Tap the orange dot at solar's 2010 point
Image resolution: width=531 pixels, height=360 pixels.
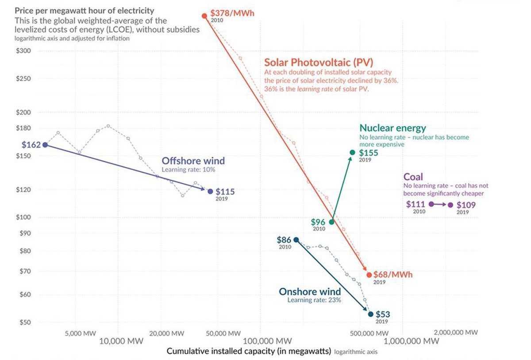(x=204, y=16)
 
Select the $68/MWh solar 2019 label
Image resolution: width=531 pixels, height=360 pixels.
(x=393, y=275)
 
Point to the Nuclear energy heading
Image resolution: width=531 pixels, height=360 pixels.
(x=392, y=128)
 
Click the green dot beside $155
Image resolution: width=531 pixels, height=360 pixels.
(x=352, y=152)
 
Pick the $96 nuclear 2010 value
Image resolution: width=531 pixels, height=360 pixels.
(x=318, y=222)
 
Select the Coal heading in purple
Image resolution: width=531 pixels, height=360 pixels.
(x=413, y=177)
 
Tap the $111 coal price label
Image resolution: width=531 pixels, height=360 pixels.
(x=416, y=204)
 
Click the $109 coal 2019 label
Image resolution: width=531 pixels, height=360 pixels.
(x=466, y=205)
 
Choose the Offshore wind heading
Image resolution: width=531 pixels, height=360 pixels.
(x=193, y=161)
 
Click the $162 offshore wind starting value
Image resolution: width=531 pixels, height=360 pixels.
(x=31, y=145)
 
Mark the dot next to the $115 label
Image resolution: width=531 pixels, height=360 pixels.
(x=210, y=192)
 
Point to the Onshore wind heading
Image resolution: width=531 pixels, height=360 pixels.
(x=310, y=291)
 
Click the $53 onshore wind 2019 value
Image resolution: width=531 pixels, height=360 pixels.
(x=383, y=314)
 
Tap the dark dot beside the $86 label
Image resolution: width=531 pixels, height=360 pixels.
(x=296, y=240)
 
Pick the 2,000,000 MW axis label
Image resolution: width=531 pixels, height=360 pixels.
(x=455, y=332)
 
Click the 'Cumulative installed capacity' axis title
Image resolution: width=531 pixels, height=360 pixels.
(x=249, y=351)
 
